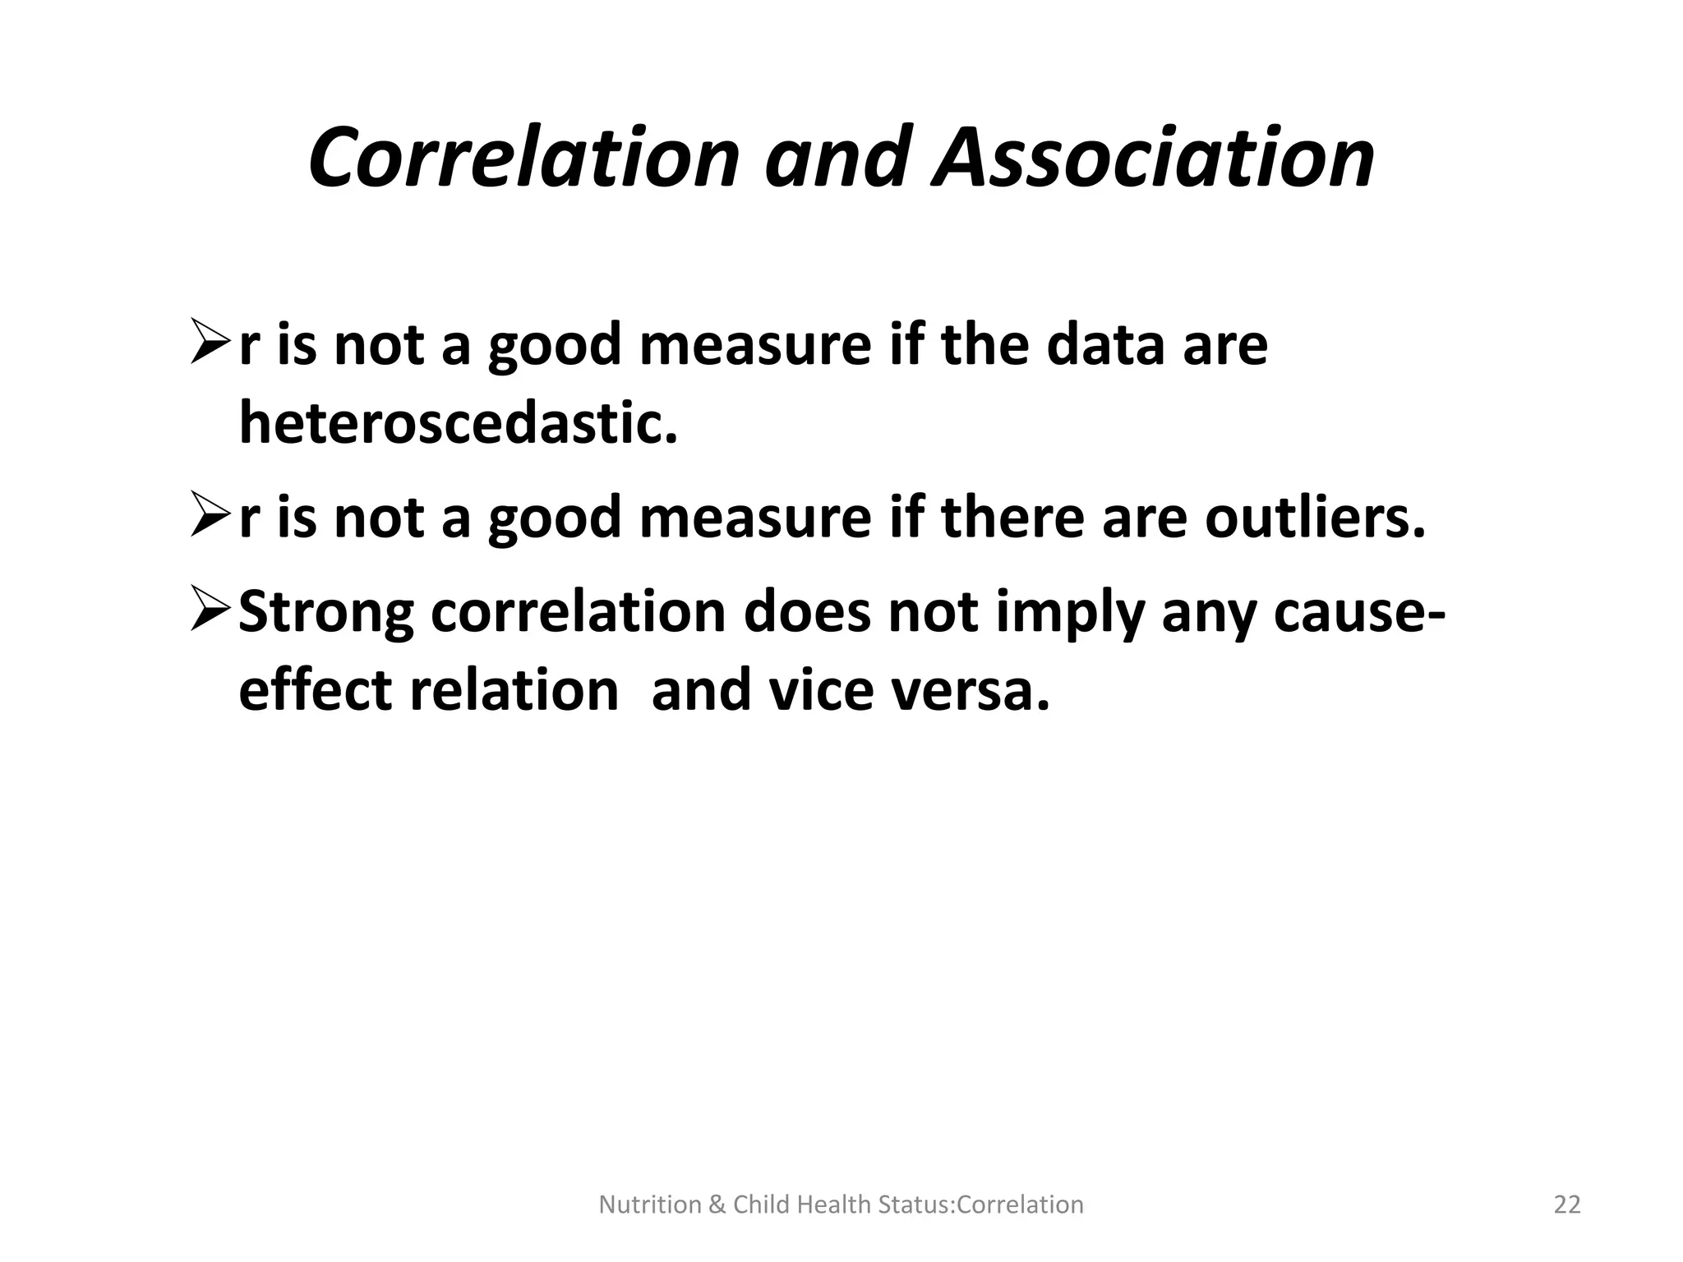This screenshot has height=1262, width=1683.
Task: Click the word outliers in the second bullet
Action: click(x=1315, y=518)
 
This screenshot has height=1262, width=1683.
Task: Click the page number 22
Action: click(x=1567, y=1204)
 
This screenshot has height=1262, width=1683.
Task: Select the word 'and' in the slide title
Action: click(x=838, y=157)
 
